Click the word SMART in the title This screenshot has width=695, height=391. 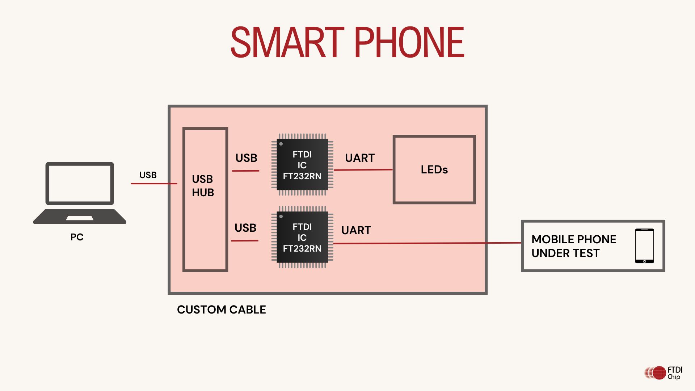click(x=287, y=43)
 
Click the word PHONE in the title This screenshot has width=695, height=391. click(x=409, y=43)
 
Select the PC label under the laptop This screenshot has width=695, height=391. click(x=77, y=237)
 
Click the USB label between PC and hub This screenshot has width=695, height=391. click(x=148, y=175)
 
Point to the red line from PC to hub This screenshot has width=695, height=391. click(x=154, y=184)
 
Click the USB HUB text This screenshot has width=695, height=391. click(x=203, y=186)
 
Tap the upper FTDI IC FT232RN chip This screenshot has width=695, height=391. click(x=302, y=165)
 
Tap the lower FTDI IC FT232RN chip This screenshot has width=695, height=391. click(x=302, y=237)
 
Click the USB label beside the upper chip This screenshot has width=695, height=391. click(x=246, y=158)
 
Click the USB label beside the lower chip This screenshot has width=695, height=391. click(x=245, y=228)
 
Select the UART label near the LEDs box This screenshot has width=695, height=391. click(x=359, y=158)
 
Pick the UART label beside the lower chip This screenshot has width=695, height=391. click(x=356, y=230)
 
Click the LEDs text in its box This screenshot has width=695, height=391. click(x=434, y=169)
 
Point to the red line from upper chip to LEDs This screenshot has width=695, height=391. click(x=363, y=170)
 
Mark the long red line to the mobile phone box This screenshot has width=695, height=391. click(x=427, y=243)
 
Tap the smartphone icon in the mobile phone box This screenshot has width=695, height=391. click(x=644, y=246)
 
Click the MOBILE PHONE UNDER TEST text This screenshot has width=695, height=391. click(x=574, y=246)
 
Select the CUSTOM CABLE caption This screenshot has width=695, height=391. click(x=221, y=310)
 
